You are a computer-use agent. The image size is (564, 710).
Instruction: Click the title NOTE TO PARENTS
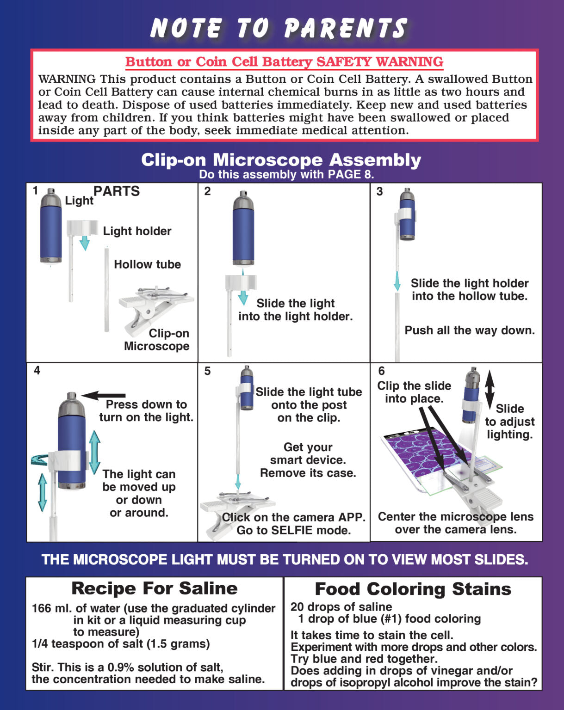[x=279, y=28]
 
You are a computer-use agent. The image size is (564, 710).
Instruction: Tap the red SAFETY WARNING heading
[x=284, y=62]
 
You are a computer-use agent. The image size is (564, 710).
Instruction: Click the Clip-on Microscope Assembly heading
[x=281, y=160]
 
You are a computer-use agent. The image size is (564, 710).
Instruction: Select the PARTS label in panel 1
[x=117, y=191]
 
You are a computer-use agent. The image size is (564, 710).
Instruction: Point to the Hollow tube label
[x=147, y=264]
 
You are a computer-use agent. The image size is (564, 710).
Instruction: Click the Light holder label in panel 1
[x=137, y=231]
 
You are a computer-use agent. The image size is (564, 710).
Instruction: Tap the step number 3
[x=379, y=191]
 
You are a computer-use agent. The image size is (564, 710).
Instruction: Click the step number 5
[x=207, y=371]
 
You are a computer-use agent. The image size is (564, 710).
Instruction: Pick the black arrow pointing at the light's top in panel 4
[x=104, y=396]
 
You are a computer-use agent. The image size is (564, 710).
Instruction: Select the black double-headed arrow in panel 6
[x=490, y=389]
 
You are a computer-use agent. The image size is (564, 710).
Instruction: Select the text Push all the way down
[x=470, y=331]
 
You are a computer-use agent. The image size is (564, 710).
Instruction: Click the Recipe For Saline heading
[x=154, y=588]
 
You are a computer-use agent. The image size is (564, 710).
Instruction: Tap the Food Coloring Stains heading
[x=413, y=589]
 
